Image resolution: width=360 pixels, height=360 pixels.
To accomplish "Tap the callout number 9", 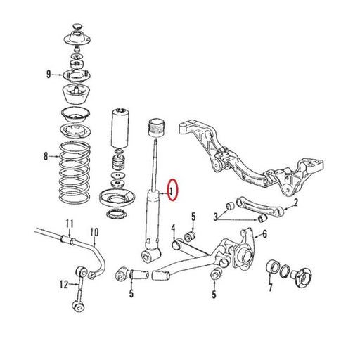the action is point(49,75).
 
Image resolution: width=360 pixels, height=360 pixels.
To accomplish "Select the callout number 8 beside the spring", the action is point(46,156).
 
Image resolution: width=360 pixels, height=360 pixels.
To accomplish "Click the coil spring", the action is point(75,173).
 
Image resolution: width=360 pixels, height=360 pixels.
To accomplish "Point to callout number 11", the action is point(70,224).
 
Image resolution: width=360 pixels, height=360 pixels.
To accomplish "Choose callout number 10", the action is point(94,232).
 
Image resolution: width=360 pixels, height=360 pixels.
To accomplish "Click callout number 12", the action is point(64,285).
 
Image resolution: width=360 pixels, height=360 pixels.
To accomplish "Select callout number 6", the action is point(264,233).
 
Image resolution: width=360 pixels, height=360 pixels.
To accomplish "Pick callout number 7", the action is point(271,287).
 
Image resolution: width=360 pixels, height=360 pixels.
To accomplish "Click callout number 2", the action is point(296,202).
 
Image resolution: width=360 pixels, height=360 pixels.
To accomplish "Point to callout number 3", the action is point(216,217).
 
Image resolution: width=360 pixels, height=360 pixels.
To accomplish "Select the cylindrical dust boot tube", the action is point(119,128).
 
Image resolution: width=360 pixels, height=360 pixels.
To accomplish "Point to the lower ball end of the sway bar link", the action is point(79,305).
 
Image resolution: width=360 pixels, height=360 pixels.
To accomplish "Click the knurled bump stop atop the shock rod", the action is point(157,128).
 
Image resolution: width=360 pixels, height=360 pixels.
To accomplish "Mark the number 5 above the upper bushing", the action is point(193,217).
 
